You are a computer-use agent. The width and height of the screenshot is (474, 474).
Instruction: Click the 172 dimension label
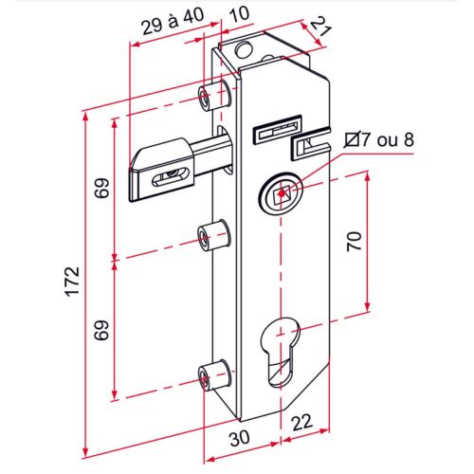click(x=72, y=282)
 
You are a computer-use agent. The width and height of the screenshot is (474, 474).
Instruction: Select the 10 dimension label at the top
click(x=239, y=14)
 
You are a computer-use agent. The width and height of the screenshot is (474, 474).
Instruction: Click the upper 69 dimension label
click(x=102, y=188)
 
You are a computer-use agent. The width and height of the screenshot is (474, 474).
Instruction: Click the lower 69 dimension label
click(x=102, y=330)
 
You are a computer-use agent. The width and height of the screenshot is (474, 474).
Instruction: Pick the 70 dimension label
click(x=355, y=241)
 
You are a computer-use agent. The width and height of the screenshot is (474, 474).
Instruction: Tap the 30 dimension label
click(x=240, y=438)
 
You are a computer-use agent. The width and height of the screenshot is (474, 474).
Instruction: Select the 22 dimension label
click(x=302, y=423)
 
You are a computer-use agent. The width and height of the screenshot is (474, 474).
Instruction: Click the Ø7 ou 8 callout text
click(x=379, y=140)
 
